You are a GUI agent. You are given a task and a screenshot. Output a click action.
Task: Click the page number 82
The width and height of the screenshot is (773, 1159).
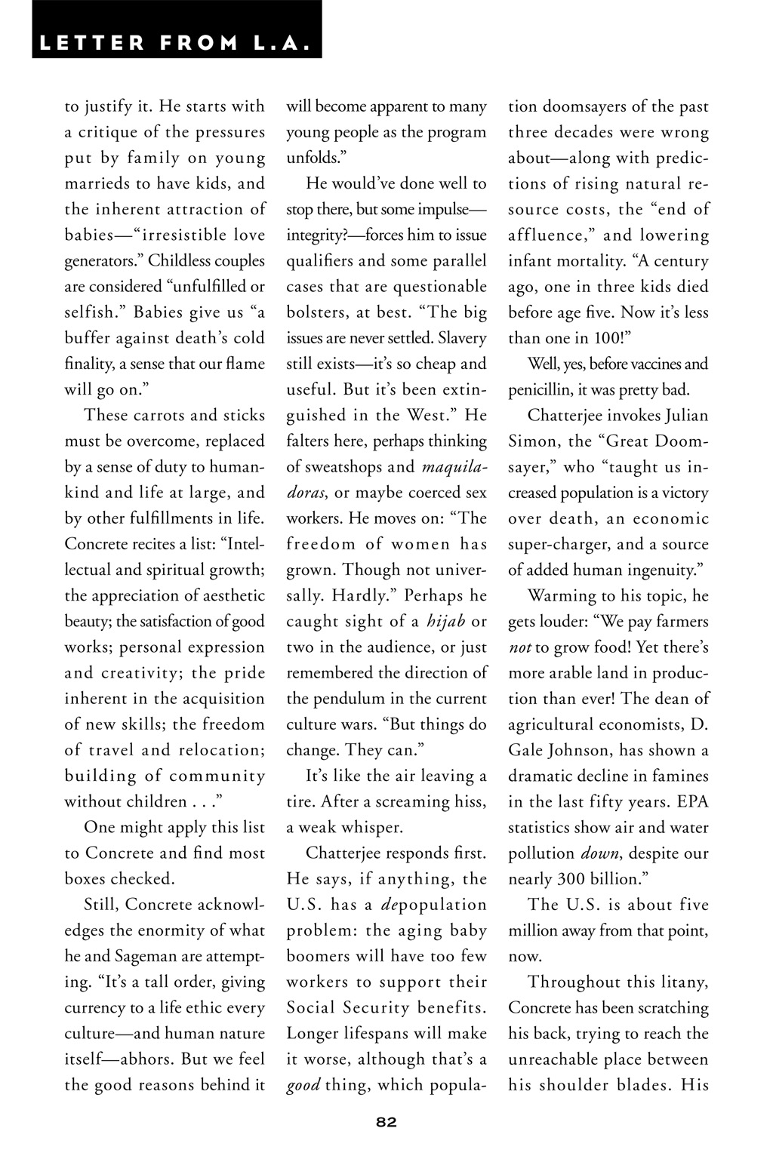[x=386, y=1121]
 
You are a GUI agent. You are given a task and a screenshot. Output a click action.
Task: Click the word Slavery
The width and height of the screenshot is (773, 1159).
[x=462, y=337]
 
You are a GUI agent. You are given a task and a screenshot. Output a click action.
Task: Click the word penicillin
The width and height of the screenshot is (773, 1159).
[x=541, y=389]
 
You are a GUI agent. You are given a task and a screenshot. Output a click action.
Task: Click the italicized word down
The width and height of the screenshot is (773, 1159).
[x=599, y=853]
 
